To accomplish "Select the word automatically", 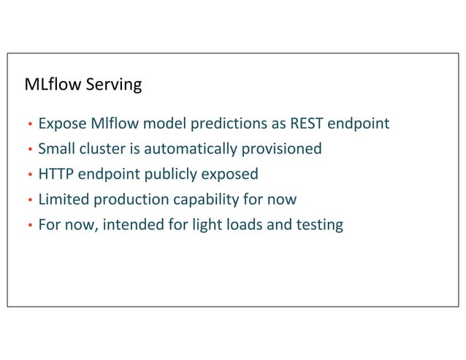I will [x=191, y=149].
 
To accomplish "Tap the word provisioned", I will [x=283, y=149].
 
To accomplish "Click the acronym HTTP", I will [x=56, y=175].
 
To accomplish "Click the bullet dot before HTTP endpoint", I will [x=29, y=175].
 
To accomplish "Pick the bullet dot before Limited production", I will [x=29, y=200].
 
